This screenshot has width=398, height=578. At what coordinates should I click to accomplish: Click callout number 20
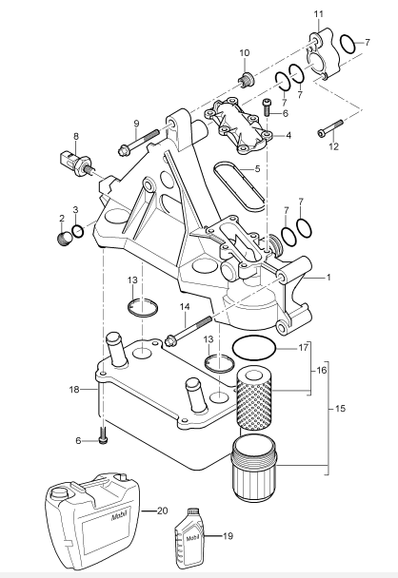pyautogui.click(x=161, y=511)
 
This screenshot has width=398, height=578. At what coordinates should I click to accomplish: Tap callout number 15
pyautogui.click(x=345, y=411)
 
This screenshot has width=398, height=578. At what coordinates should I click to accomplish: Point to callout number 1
pyautogui.click(x=329, y=277)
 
